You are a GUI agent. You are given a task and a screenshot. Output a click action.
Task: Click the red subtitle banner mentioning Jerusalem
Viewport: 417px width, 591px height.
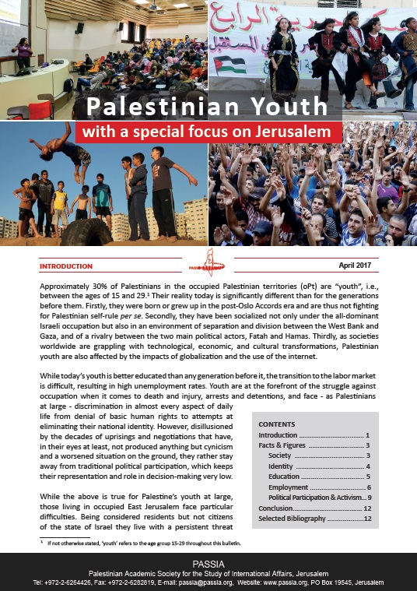point(208,132)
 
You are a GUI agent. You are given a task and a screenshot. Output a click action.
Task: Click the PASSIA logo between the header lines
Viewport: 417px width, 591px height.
point(208,263)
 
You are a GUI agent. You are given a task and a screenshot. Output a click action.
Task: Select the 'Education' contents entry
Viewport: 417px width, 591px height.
point(284,476)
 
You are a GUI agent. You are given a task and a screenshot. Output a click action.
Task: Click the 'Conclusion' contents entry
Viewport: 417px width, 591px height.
point(277,507)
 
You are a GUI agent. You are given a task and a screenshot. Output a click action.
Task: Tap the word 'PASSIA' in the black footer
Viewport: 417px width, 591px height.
point(208,561)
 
